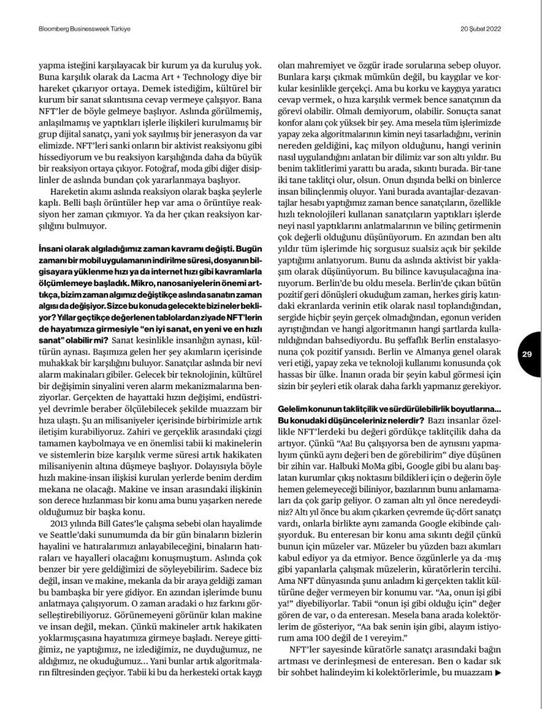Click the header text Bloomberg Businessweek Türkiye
click(85, 28)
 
